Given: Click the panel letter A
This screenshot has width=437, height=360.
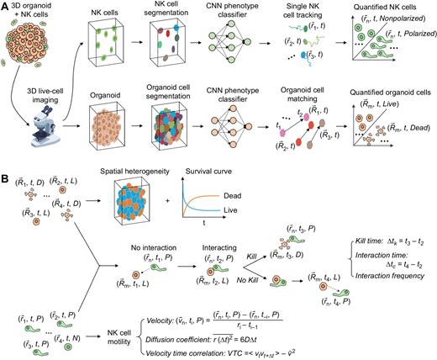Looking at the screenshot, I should [5, 6].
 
